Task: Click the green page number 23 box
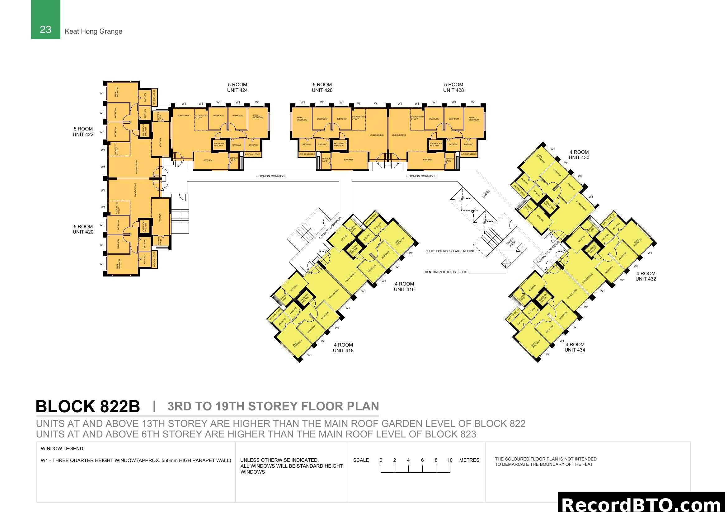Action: (45, 20)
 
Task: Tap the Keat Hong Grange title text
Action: (93, 31)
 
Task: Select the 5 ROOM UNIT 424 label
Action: (237, 87)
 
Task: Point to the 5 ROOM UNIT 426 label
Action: (322, 87)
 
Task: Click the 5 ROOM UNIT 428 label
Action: (453, 87)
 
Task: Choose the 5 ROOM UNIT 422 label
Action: (83, 132)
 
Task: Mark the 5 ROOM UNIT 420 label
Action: (83, 229)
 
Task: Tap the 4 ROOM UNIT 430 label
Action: (579, 155)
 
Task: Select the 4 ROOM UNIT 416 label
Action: (404, 286)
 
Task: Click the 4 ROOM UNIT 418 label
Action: (343, 347)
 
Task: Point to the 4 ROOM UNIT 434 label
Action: (575, 347)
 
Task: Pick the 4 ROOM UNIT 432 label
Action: (646, 276)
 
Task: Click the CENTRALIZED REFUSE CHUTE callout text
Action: (446, 272)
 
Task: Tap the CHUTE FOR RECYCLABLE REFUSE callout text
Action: (450, 251)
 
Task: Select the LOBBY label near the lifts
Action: (486, 194)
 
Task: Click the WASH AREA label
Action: (511, 243)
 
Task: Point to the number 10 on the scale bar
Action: (450, 460)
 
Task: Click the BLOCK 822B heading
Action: (87, 407)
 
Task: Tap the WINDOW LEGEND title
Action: (62, 449)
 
